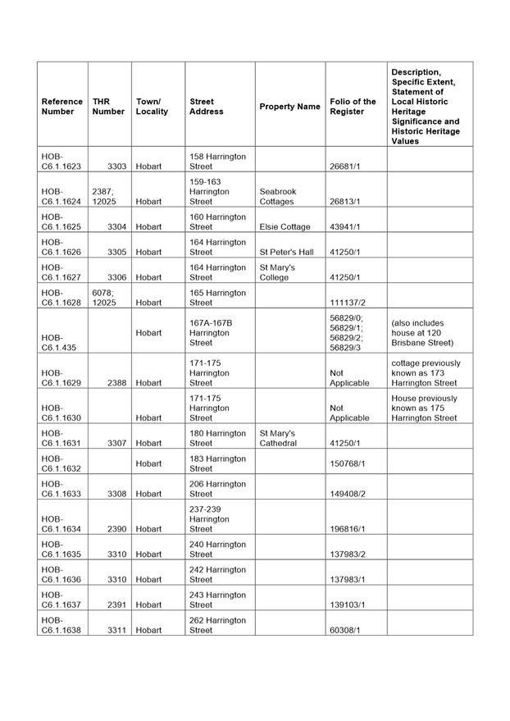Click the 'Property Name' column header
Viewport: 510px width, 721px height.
coord(289,107)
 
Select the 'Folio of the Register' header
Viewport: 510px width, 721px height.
coord(353,107)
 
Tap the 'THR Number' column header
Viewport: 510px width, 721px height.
coord(108,107)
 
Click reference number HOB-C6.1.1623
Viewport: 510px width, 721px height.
coord(62,161)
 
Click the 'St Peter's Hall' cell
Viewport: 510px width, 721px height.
coord(286,252)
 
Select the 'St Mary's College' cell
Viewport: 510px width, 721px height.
coord(277,272)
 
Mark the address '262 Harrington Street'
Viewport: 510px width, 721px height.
coord(217,625)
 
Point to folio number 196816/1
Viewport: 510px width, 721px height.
coord(348,529)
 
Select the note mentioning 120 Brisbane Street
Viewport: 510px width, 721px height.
coord(422,332)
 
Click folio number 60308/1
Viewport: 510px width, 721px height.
coord(345,630)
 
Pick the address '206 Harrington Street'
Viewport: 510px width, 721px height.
coord(217,489)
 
